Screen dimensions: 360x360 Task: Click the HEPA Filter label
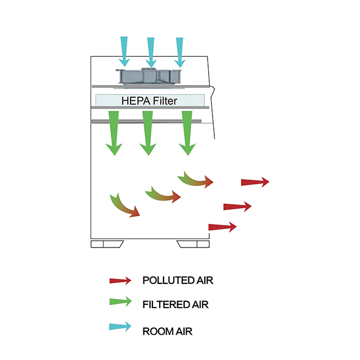[150, 101]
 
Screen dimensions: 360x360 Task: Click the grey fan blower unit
[150, 78]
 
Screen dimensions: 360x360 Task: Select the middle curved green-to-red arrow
[163, 195]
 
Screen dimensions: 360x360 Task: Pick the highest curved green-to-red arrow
[195, 180]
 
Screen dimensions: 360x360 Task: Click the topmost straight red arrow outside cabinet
[255, 182]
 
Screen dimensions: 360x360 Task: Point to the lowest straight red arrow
[222, 227]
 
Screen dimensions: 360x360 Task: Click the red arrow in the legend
[120, 280]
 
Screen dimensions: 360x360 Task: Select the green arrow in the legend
[120, 303]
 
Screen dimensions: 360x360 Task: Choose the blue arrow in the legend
[120, 327]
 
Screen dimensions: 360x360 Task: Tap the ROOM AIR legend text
[167, 331]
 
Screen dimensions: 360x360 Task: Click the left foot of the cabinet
[109, 244]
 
